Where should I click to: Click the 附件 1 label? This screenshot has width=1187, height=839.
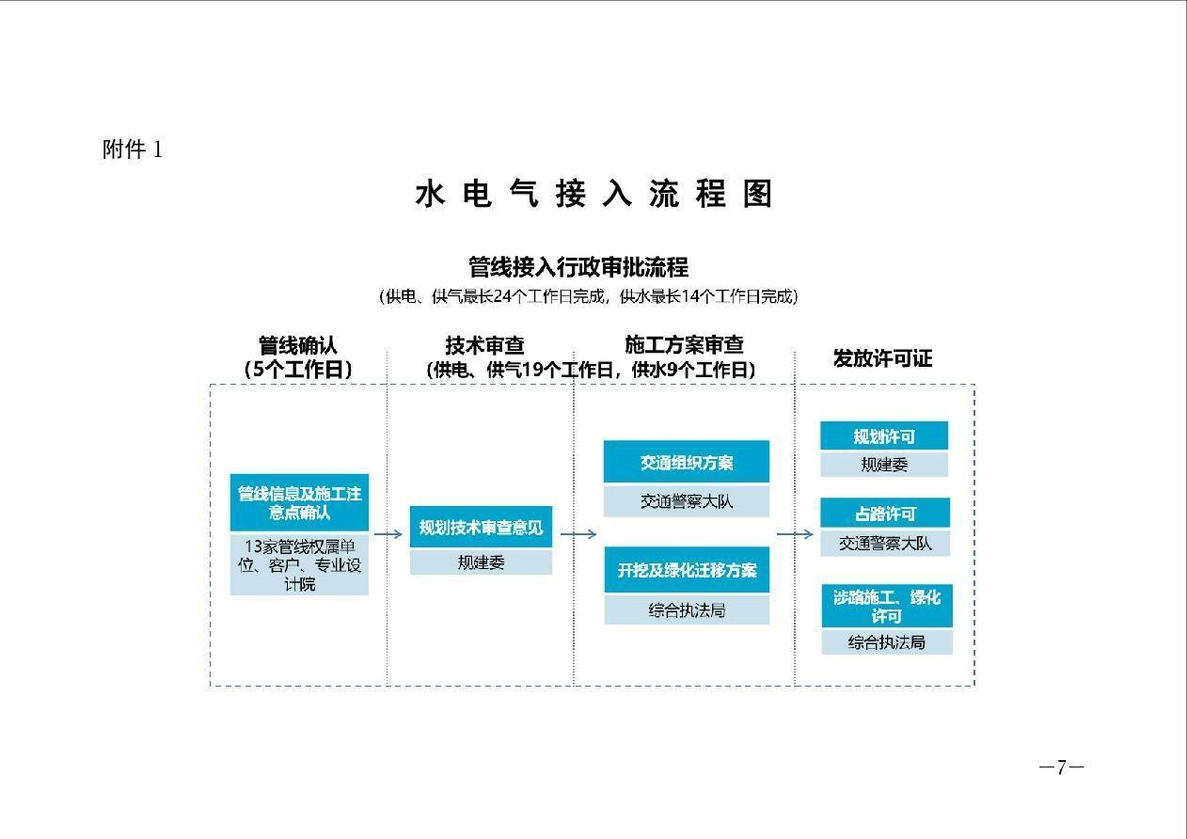click(x=133, y=150)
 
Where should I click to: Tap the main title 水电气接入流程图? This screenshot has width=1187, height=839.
click(x=593, y=194)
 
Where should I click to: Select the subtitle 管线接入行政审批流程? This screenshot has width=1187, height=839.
click(x=578, y=266)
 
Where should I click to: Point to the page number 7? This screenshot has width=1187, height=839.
click(x=1061, y=767)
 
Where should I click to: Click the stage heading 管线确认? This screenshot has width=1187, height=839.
click(x=298, y=345)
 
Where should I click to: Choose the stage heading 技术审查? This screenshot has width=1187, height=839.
click(x=485, y=345)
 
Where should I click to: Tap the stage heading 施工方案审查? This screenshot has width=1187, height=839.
click(x=685, y=345)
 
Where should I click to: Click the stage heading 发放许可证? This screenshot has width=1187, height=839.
click(x=883, y=358)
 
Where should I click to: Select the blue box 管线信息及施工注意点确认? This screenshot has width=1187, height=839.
click(x=299, y=502)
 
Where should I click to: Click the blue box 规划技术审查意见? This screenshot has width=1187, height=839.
click(x=482, y=527)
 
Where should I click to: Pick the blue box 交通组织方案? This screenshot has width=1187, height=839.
click(x=687, y=462)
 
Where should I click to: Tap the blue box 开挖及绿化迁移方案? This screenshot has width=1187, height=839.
click(x=687, y=570)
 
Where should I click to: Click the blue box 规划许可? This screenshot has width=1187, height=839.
click(x=884, y=435)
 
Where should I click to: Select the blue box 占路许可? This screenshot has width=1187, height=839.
click(x=885, y=513)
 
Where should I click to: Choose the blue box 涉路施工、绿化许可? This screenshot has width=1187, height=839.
click(x=887, y=606)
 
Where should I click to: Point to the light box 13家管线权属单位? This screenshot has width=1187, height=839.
click(x=299, y=564)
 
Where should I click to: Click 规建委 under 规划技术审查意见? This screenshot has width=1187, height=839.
click(x=482, y=562)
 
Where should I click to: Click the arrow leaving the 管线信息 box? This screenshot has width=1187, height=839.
click(x=388, y=533)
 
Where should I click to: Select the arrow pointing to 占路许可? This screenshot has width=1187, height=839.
click(x=795, y=533)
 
